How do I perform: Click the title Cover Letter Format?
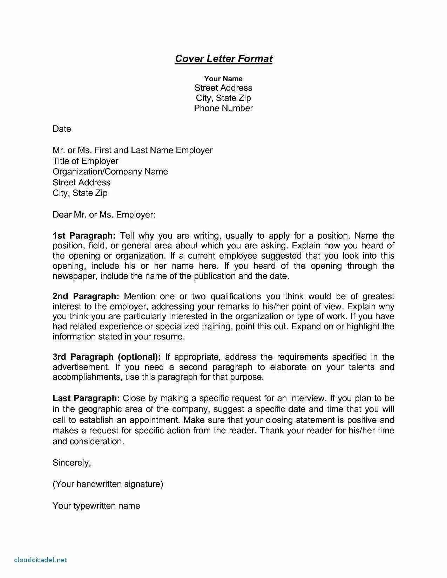[x=223, y=59]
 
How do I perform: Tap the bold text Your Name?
[x=223, y=79]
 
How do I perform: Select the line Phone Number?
[x=223, y=108]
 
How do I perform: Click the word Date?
[x=62, y=129]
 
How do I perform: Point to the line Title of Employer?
[x=86, y=161]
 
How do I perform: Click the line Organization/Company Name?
[x=110, y=172]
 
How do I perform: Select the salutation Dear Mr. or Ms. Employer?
[x=104, y=214]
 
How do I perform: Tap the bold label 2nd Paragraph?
[x=86, y=296]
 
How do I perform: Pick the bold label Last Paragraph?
[x=86, y=398]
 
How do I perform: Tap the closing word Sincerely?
[x=72, y=463]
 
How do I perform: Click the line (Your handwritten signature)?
[x=108, y=484]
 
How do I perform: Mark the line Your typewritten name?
[x=96, y=506]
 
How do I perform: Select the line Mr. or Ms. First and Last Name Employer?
[x=133, y=150]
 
